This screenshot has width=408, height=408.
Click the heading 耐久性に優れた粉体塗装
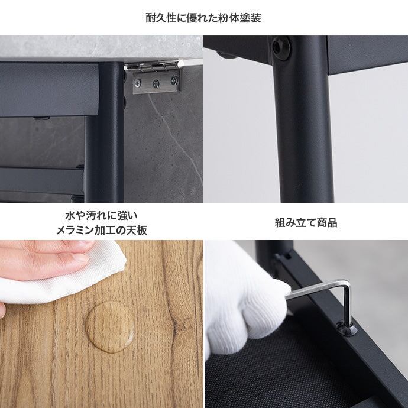(x=203, y=18)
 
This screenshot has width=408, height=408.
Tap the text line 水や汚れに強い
(x=102, y=215)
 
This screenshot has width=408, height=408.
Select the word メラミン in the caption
(x=75, y=230)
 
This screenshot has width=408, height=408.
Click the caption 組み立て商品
(x=306, y=223)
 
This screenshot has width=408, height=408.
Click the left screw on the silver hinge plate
(x=138, y=83)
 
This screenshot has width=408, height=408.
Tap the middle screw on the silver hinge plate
(x=156, y=83)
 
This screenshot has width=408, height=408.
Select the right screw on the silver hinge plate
(x=174, y=80)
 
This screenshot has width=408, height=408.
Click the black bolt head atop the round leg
(x=281, y=48)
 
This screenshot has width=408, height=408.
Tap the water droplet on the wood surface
(x=111, y=327)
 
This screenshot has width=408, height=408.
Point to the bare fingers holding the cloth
(x=44, y=260)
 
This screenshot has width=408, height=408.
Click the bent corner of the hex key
(x=347, y=284)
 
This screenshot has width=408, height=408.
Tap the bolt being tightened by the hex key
(x=347, y=328)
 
